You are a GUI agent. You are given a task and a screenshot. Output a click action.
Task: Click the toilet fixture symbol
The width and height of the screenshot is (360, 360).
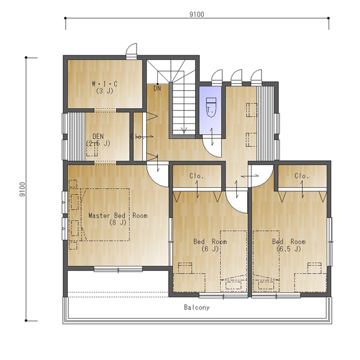pyautogui.click(x=211, y=107)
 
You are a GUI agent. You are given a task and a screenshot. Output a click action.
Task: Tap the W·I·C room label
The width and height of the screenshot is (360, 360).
pyautogui.click(x=104, y=84)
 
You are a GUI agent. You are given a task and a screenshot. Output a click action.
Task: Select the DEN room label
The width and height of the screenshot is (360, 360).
pyautogui.click(x=98, y=137)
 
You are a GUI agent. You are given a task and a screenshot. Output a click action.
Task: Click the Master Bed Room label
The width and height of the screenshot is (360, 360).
pyautogui.click(x=118, y=215)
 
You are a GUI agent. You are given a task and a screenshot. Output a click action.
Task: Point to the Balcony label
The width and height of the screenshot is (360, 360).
pyautogui.click(x=197, y=308)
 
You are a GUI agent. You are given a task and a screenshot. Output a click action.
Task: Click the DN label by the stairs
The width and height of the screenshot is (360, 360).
pyautogui.click(x=157, y=88)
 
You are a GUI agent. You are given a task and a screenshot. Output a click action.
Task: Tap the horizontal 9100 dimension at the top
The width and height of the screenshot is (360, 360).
pyautogui.click(x=197, y=14)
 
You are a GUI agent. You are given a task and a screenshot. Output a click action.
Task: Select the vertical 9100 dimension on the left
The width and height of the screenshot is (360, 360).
pyautogui.click(x=22, y=189)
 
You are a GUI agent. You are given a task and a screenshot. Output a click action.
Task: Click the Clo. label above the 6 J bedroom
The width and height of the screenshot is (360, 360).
pyautogui.click(x=197, y=176)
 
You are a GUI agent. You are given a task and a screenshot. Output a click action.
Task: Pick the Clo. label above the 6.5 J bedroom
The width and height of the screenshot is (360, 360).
pyautogui.click(x=302, y=176)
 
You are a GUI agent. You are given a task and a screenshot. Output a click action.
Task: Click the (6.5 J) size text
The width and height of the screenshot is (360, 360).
pyautogui.click(x=289, y=249)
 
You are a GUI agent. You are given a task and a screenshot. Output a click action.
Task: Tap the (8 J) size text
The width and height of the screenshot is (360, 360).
pyautogui.click(x=118, y=222)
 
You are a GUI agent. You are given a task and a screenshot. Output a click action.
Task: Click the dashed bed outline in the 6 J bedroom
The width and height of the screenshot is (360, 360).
pyautogui.click(x=233, y=261)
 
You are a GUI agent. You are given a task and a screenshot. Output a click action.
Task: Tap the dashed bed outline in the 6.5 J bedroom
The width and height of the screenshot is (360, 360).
pyautogui.click(x=266, y=261)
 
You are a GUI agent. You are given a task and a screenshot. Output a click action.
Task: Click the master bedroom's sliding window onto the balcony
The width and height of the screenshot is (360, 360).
pyautogui.click(x=118, y=269)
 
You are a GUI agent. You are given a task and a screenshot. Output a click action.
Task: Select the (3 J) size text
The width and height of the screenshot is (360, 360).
pyautogui.click(x=105, y=91)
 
